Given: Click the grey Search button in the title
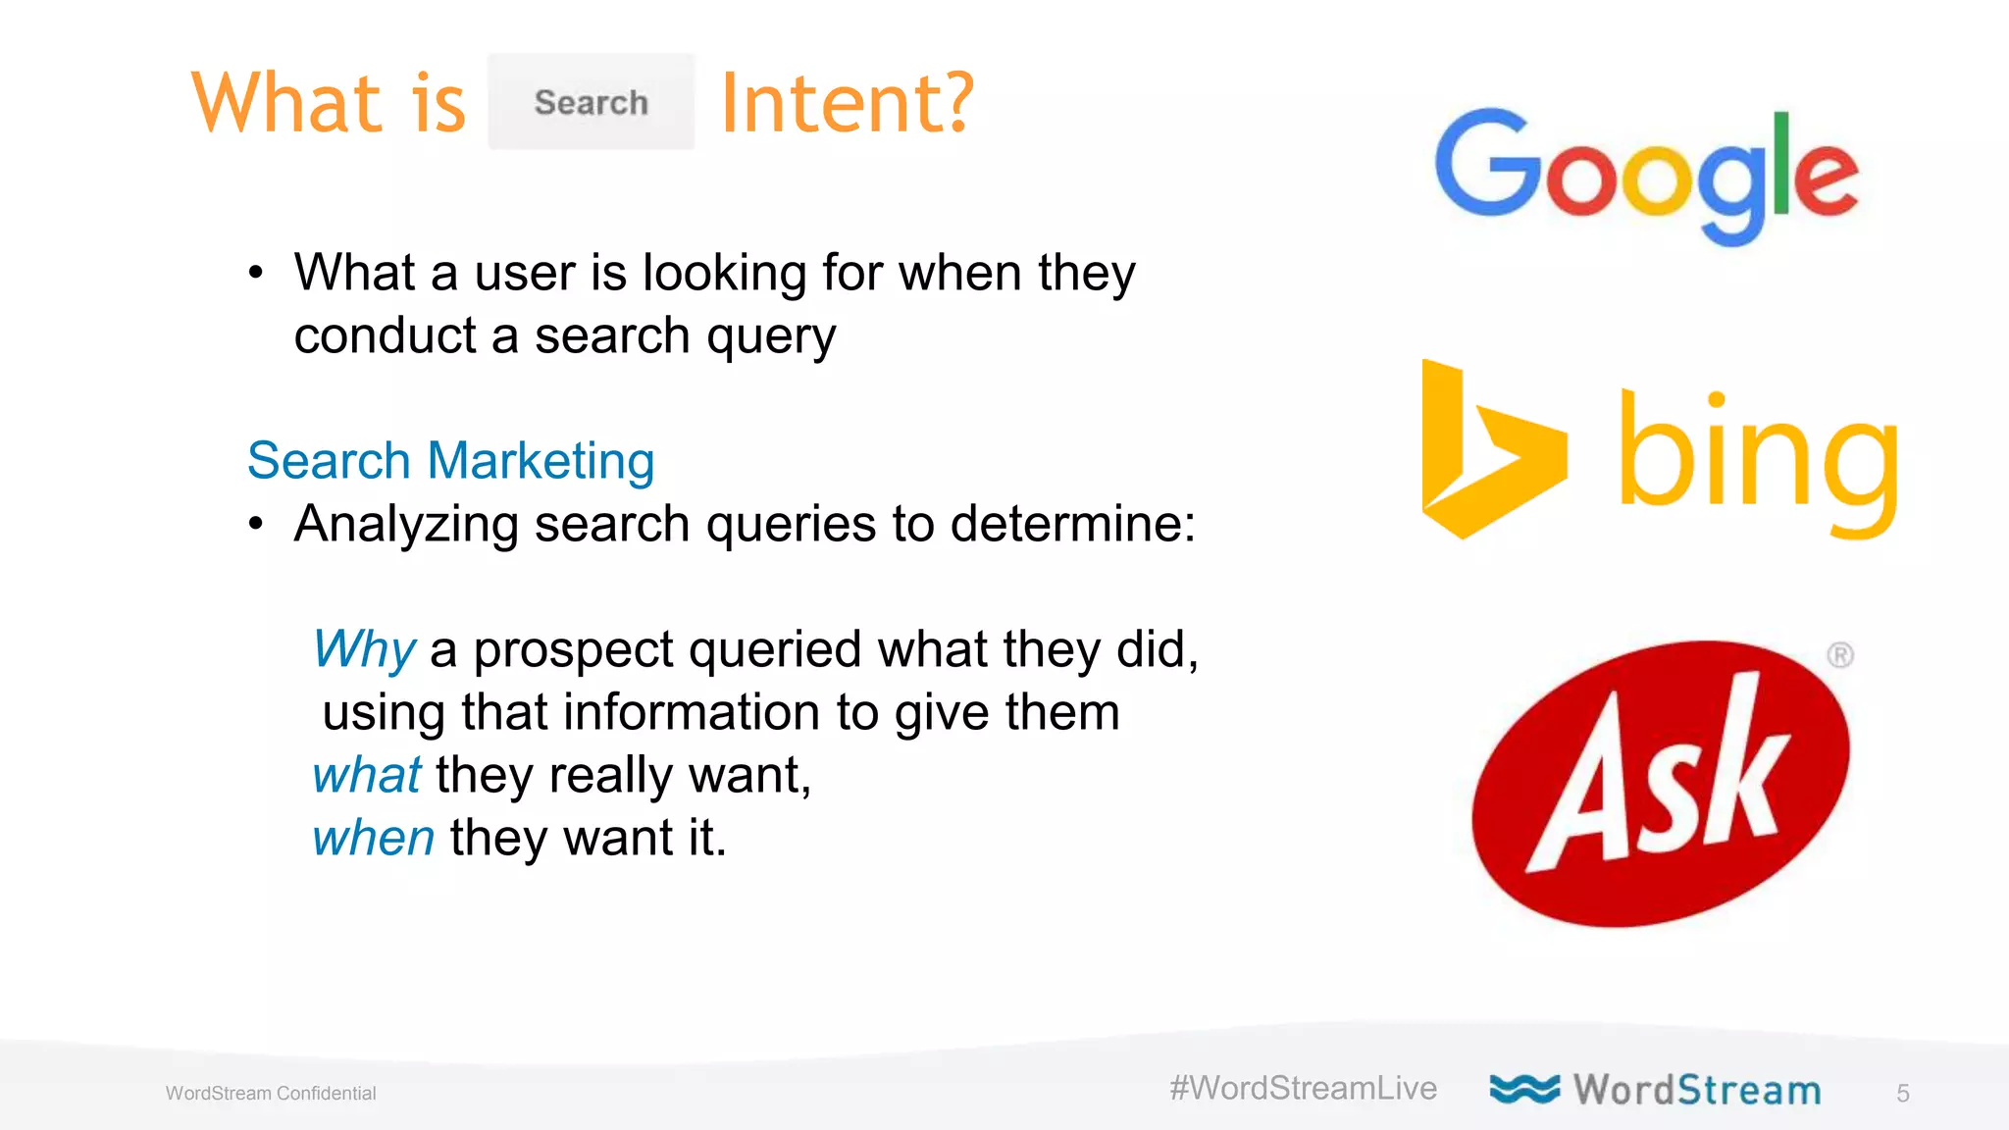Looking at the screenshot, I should click(592, 102).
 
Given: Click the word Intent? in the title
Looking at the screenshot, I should click(848, 103).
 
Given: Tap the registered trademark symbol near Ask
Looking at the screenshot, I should click(1840, 655).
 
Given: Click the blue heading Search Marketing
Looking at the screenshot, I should click(451, 460).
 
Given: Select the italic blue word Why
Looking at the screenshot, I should click(364, 649).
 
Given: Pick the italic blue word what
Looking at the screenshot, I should click(366, 775).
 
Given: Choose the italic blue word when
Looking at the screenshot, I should click(373, 838).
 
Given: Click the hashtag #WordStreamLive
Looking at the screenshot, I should click(1303, 1088).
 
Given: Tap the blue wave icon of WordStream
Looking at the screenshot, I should click(1524, 1089).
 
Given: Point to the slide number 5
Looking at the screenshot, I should click(1903, 1094).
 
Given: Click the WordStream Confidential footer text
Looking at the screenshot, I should click(271, 1094).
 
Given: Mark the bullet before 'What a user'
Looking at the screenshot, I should click(256, 273).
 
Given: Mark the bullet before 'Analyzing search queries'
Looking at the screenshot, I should click(256, 524).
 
